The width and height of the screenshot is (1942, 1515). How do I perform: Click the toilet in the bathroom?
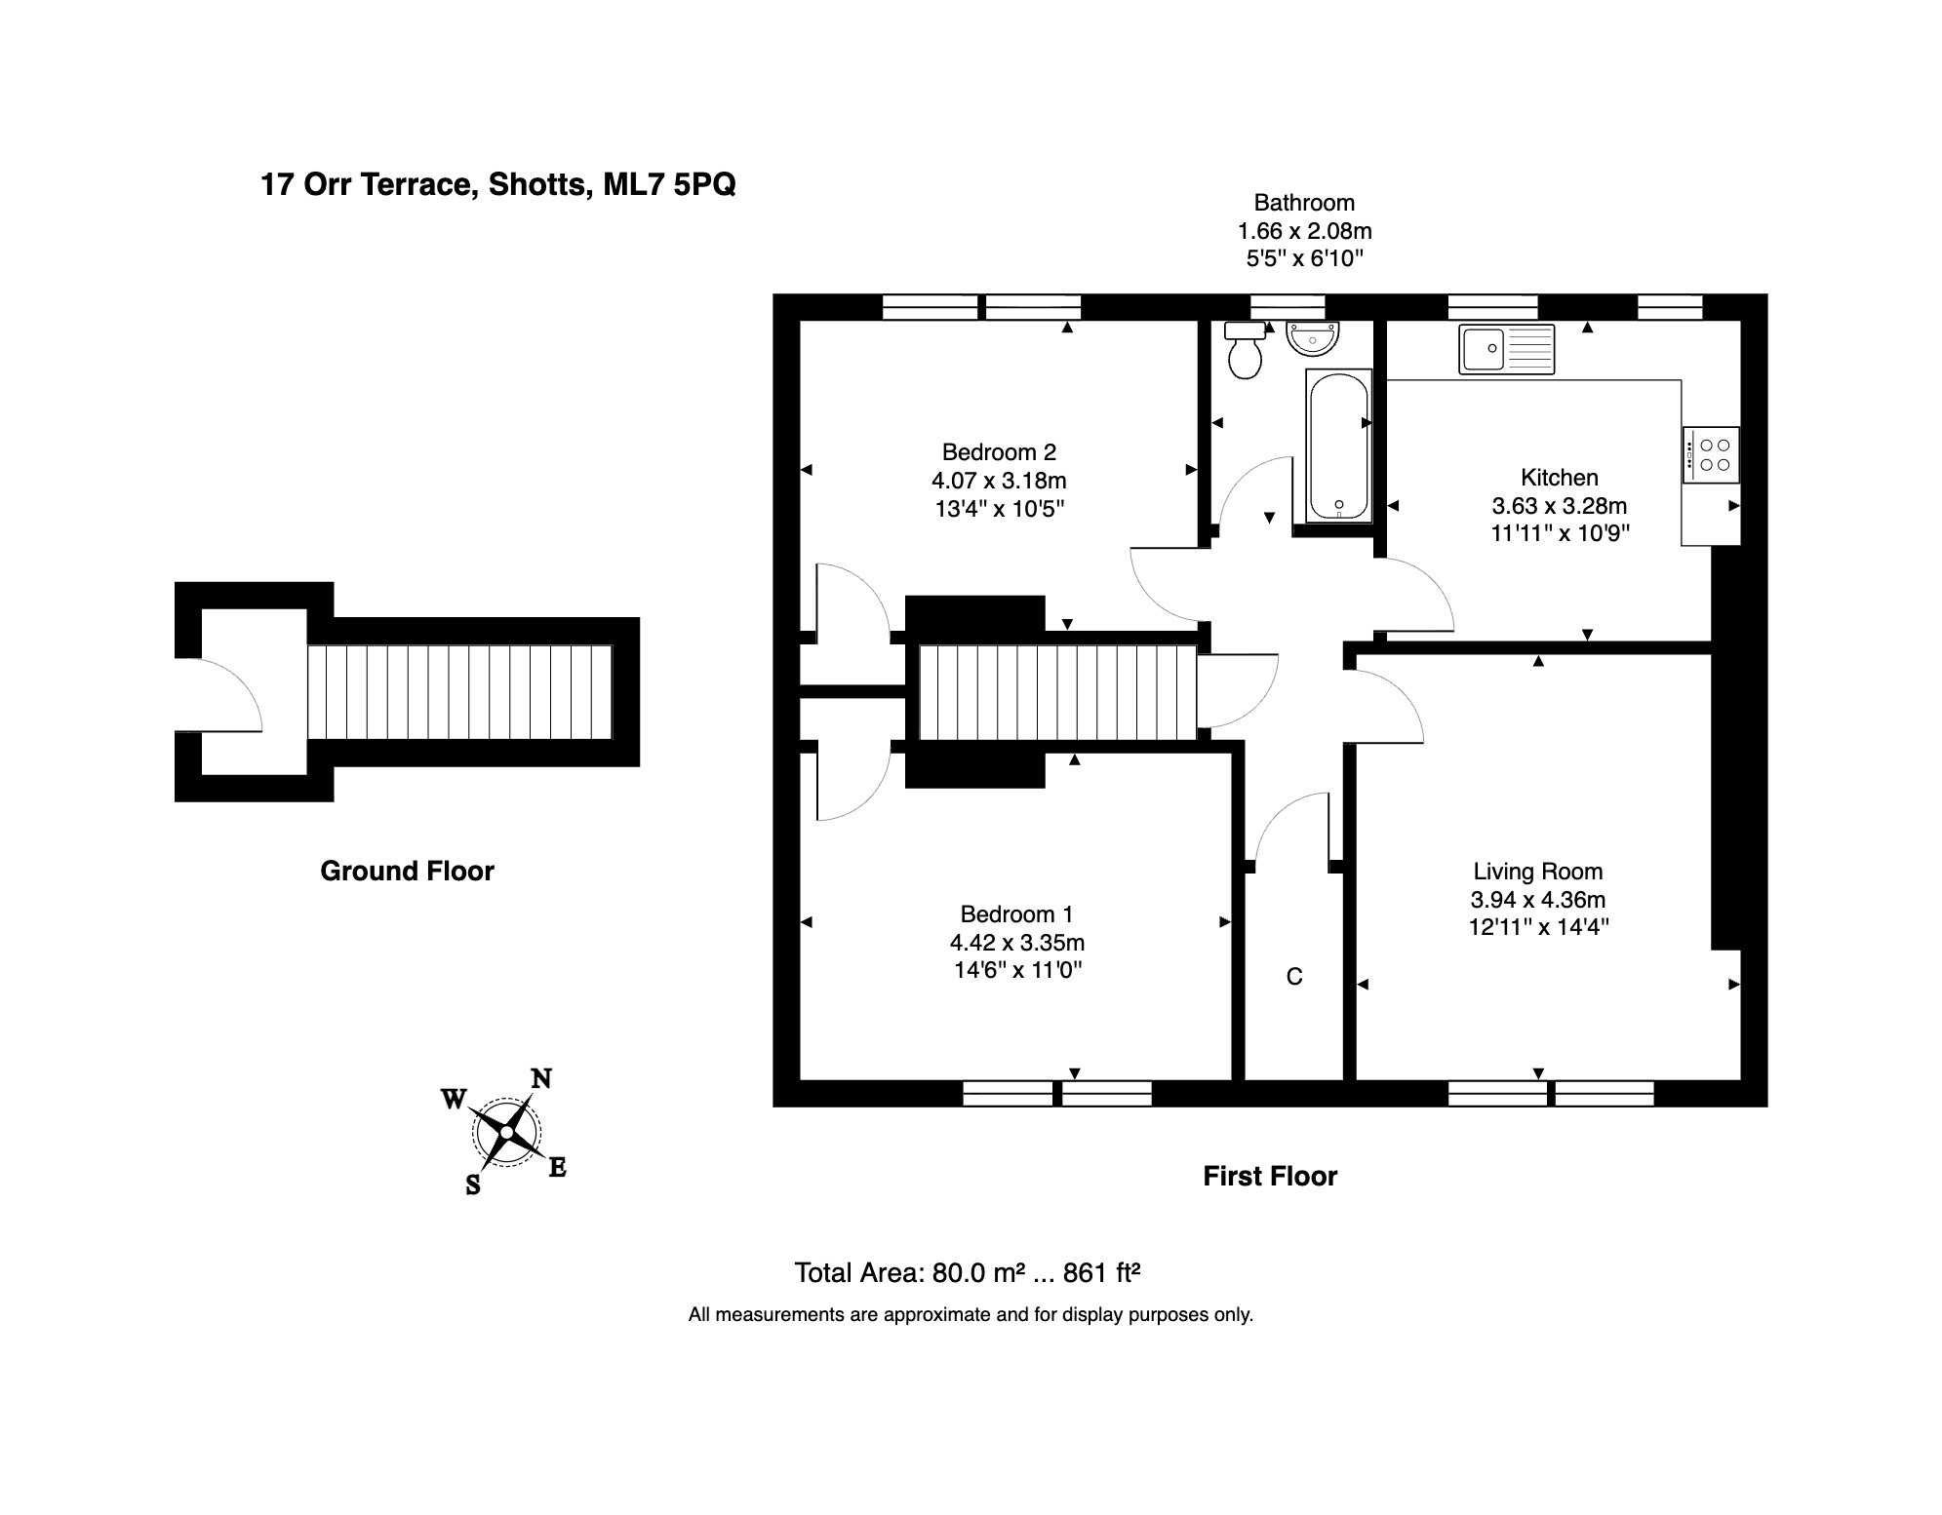click(1245, 350)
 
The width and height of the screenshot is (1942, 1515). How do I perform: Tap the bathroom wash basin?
click(1313, 338)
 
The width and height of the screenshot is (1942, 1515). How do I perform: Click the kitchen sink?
click(1507, 349)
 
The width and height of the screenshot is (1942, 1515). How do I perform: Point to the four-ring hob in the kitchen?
click(1711, 454)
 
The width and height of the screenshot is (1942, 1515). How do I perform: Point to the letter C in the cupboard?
click(1294, 977)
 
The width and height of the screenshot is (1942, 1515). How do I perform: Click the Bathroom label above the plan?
click(1304, 203)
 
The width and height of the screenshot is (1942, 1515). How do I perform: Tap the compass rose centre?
click(506, 1132)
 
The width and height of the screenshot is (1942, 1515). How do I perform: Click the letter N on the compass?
click(540, 1078)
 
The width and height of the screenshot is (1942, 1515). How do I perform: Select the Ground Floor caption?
click(407, 871)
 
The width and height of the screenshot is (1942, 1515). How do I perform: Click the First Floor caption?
click(1270, 1177)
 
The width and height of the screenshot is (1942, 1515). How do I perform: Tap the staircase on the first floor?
click(1057, 693)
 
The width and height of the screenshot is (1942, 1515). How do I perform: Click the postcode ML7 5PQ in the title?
click(669, 184)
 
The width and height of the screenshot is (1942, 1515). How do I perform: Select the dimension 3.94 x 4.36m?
click(1537, 900)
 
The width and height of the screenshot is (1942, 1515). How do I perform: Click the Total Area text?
click(967, 1273)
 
